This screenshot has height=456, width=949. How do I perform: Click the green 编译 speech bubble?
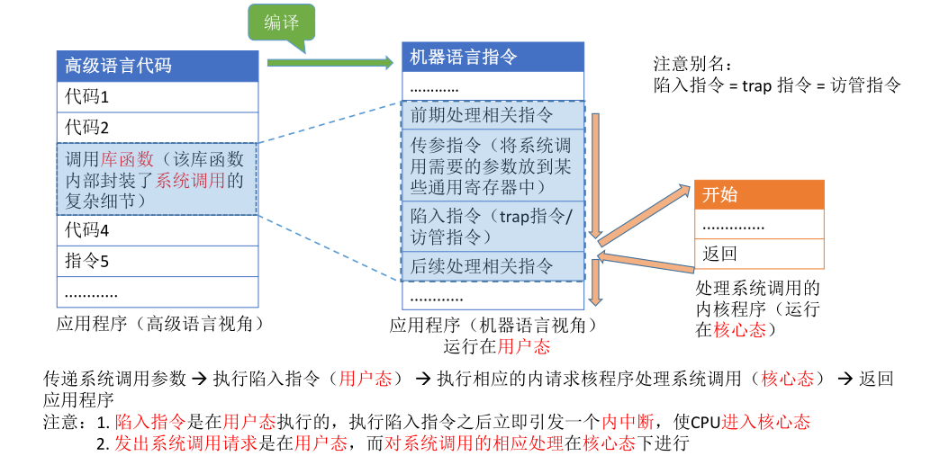282,25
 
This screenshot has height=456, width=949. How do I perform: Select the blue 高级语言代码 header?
158,65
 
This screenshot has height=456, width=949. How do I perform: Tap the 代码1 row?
158,95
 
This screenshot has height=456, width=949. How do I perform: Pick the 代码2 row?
158,127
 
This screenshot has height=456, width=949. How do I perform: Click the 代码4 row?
158,230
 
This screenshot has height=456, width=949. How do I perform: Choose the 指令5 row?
158,262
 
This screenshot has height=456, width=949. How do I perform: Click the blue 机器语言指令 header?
493,57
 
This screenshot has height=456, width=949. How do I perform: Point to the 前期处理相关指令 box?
493,116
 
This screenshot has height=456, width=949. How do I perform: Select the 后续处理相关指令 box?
493,266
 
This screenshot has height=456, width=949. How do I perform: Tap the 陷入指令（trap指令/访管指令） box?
493,226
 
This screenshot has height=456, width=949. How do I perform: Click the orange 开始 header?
758,195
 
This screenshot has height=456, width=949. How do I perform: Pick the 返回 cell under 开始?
758,255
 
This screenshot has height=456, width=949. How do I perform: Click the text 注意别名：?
692,65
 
